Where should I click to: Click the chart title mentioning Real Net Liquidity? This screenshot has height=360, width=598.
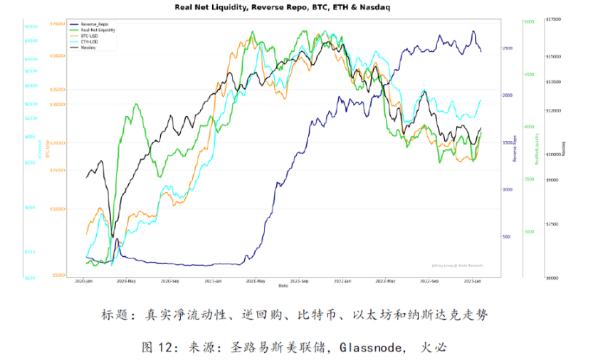pos(293,7)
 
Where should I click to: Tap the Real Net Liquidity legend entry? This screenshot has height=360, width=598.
pos(98,30)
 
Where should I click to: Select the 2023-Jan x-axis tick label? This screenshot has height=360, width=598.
pos(476,281)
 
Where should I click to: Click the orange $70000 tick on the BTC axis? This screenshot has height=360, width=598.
pos(58,23)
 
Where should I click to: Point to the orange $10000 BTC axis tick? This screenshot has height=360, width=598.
pos(58,208)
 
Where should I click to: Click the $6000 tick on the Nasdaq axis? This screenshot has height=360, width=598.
pos(552,278)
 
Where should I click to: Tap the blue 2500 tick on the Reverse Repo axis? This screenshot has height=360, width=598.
pos(507,48)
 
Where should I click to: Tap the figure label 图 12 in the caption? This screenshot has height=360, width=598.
pos(159,348)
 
